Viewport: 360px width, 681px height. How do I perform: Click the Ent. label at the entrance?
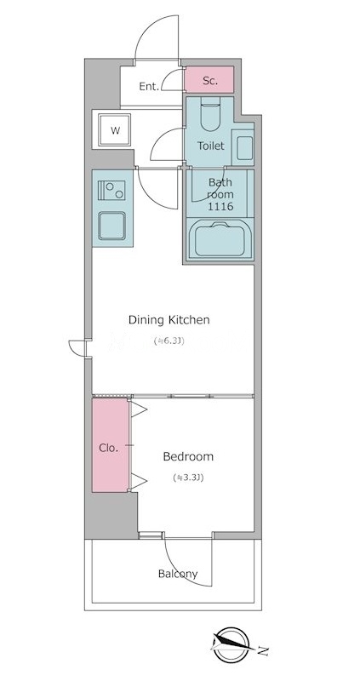click(x=149, y=87)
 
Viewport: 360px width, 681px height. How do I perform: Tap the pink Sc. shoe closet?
click(x=209, y=79)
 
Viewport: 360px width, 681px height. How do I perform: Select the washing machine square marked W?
click(x=115, y=130)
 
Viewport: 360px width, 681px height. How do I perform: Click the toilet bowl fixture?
click(x=210, y=114)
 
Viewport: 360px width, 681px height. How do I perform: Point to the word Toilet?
click(x=211, y=146)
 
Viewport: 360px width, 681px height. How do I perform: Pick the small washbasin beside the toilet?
click(x=243, y=147)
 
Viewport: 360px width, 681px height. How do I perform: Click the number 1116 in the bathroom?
click(x=220, y=207)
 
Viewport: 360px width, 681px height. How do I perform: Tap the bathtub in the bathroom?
click(x=220, y=240)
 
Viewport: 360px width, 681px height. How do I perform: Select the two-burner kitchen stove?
click(x=112, y=190)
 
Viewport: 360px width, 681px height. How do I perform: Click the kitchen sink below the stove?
click(x=112, y=226)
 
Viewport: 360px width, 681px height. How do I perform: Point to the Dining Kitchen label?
click(x=169, y=320)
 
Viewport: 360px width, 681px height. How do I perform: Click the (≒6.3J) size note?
click(x=169, y=341)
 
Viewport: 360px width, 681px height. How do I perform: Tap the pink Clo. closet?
click(x=111, y=445)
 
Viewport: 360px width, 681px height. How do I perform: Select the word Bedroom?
click(x=188, y=456)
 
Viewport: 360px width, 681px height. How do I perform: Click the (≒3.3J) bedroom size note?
click(x=188, y=478)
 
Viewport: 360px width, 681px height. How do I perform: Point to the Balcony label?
click(x=178, y=574)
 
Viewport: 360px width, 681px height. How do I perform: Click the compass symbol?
click(x=231, y=644)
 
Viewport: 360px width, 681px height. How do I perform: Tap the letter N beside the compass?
click(x=262, y=650)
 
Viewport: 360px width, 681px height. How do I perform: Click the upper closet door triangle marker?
click(x=139, y=409)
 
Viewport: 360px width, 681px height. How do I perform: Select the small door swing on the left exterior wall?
click(x=78, y=348)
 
